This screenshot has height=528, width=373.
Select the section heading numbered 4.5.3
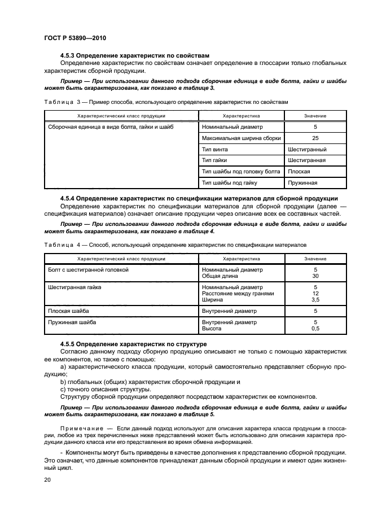pyautogui.click(x=134, y=55)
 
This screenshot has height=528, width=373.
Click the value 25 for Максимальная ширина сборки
pyautogui.click(x=315, y=138)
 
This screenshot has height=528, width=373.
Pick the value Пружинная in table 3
pyautogui.click(x=302, y=183)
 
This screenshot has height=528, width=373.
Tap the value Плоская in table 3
pyautogui.click(x=300, y=172)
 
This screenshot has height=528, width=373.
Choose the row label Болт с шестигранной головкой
pyautogui.click(x=89, y=270)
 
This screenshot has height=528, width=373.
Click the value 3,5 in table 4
pyautogui.click(x=315, y=300)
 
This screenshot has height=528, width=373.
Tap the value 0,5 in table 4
pyautogui.click(x=315, y=328)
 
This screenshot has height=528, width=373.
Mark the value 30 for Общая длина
pyautogui.click(x=315, y=276)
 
